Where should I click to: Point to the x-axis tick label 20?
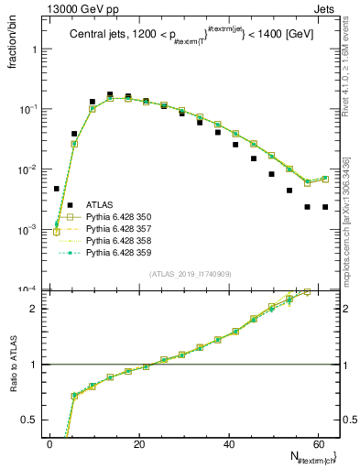[138, 443]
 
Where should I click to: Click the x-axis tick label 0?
[49, 443]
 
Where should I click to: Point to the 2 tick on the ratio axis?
[33, 308]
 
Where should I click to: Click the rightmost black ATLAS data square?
[325, 207]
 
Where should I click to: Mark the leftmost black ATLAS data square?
[56, 189]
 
